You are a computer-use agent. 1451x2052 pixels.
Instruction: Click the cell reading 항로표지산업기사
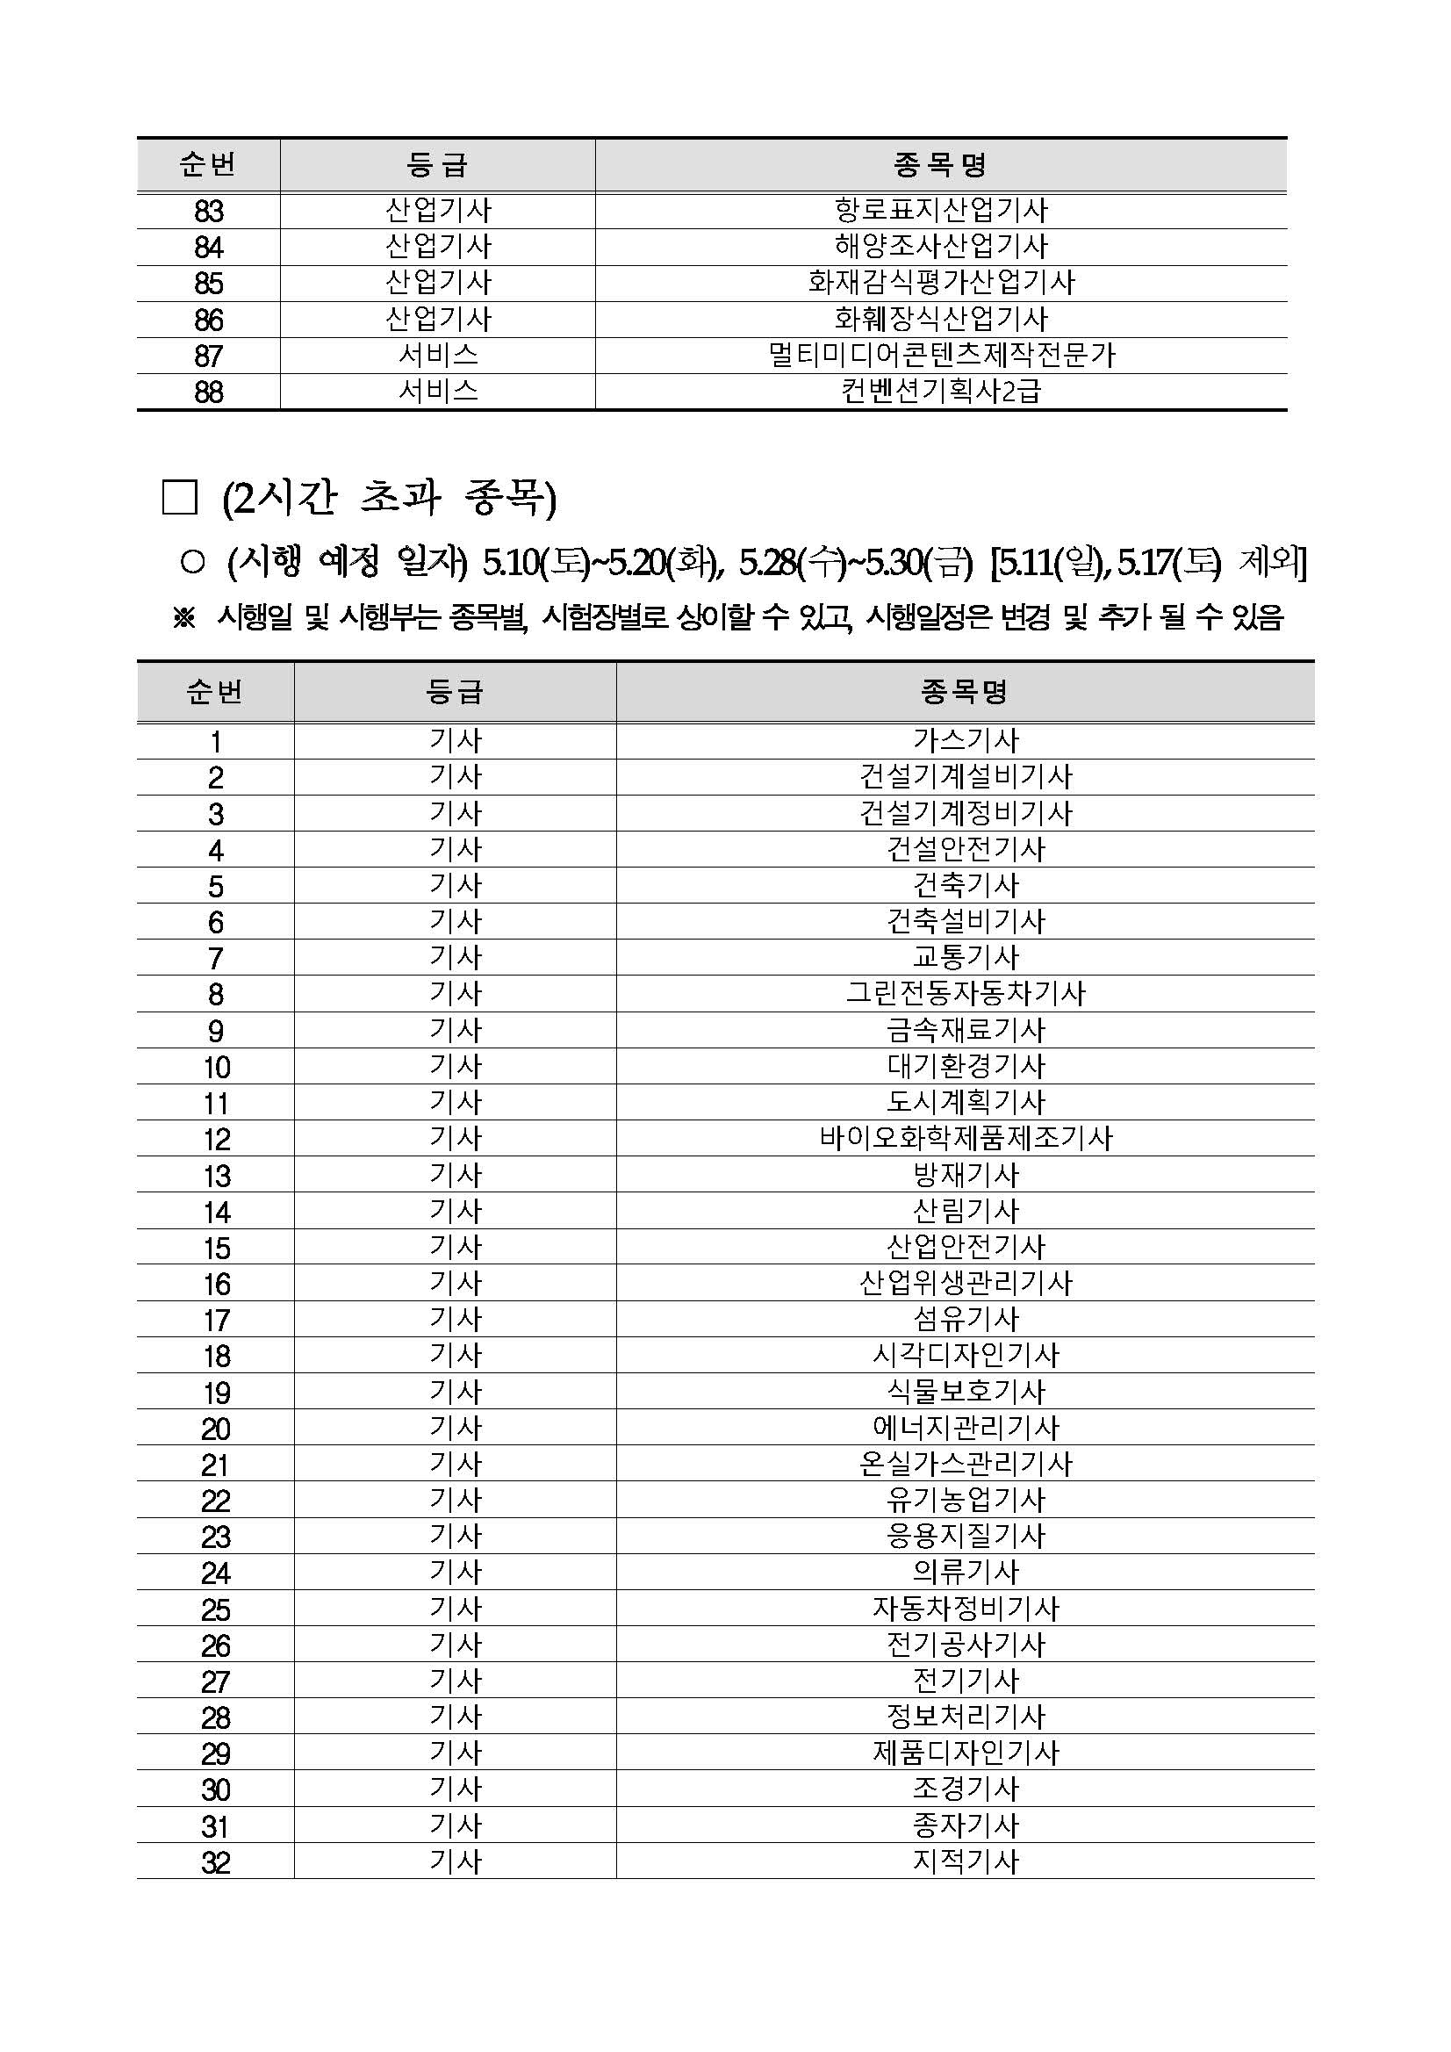point(941,210)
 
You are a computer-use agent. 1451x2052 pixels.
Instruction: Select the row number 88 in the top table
point(208,392)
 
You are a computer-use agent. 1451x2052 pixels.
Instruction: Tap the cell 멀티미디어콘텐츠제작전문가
point(941,355)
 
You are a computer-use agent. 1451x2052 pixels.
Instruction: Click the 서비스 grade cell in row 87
point(438,355)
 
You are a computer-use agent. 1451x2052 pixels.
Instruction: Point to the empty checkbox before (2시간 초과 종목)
point(180,498)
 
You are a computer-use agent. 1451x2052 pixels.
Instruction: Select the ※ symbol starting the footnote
point(184,617)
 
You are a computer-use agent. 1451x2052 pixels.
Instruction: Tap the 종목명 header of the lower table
point(964,691)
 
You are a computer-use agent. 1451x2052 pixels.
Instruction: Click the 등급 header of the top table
point(437,164)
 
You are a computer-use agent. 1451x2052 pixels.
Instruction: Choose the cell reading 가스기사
point(965,740)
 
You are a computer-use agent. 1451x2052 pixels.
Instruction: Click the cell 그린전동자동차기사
point(965,993)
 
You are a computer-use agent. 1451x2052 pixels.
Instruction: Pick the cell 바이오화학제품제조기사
point(965,1138)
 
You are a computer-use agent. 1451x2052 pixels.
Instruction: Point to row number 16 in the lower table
point(216,1284)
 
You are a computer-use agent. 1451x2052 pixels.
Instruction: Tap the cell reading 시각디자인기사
point(965,1355)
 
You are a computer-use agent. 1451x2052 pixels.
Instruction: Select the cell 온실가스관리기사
point(965,1463)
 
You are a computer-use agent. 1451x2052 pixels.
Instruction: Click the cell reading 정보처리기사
point(965,1716)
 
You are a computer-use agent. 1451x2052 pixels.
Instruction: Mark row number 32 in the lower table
point(216,1861)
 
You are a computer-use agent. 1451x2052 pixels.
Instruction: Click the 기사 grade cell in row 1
point(456,740)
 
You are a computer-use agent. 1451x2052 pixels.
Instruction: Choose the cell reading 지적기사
point(965,1861)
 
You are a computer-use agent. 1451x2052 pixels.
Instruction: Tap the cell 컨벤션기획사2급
point(941,392)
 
